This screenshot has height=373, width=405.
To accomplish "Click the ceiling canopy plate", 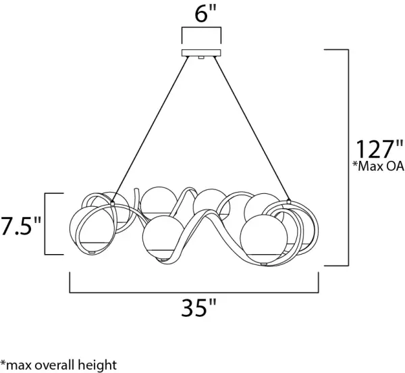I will point(202,53).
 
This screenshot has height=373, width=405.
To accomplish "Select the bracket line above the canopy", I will point(202,29).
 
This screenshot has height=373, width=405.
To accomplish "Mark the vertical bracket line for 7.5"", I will point(45,224).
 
